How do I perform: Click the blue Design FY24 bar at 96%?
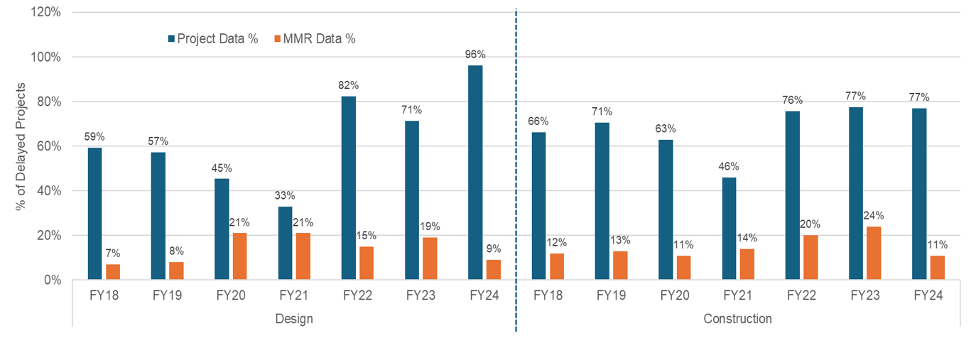tap(475, 173)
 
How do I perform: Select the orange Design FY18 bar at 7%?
tap(113, 272)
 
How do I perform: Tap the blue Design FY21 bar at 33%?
tap(285, 243)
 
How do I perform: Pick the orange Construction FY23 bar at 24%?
tap(874, 253)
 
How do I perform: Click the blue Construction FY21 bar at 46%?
tap(729, 229)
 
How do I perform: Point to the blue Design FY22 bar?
tap(349, 188)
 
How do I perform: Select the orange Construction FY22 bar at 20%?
tap(810, 257)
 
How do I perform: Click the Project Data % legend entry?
tap(213, 39)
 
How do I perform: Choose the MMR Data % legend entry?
tap(315, 39)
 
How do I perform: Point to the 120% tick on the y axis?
tap(45, 11)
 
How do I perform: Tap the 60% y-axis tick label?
tap(48, 146)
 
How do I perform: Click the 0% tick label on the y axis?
tap(53, 280)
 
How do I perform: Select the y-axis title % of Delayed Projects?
tap(21, 146)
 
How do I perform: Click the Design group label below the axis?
tap(294, 319)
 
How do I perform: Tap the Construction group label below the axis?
tap(737, 319)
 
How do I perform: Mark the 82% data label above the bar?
tap(349, 85)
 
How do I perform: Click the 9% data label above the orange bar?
tap(493, 249)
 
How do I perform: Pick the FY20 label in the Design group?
tap(231, 295)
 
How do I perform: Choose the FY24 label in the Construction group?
tap(928, 295)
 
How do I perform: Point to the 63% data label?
tap(666, 129)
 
